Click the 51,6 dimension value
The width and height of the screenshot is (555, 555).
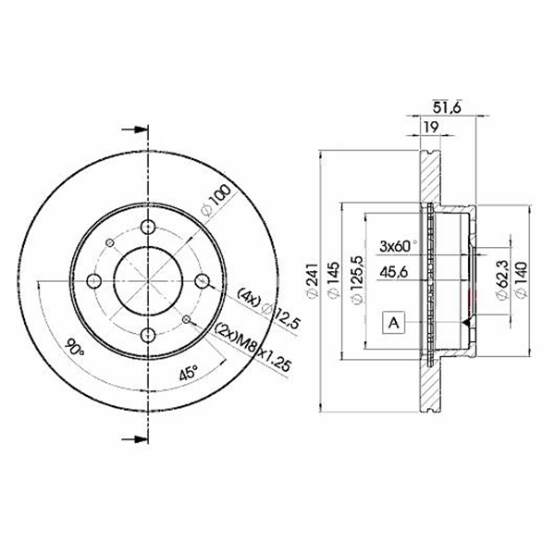[447, 107]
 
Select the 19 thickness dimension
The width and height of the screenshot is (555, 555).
[431, 127]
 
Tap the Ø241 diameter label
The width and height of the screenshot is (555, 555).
[313, 280]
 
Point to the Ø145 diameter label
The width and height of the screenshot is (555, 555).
[334, 280]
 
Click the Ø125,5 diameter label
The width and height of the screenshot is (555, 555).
[357, 280]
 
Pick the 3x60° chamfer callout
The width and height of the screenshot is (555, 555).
[398, 246]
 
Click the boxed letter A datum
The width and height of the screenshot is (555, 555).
[394, 323]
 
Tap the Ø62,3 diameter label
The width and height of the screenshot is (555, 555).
[502, 279]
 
